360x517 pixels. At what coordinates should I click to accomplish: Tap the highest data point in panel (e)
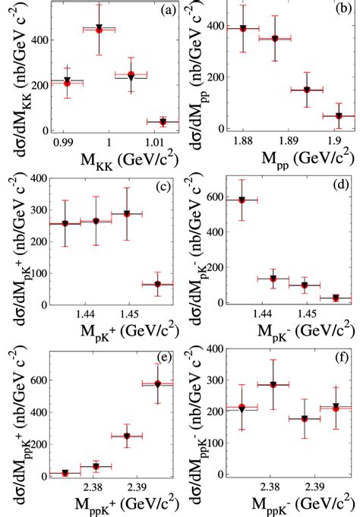tap(157, 384)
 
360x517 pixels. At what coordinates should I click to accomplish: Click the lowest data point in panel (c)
tap(157, 285)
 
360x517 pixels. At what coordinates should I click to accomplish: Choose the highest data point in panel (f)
tap(272, 384)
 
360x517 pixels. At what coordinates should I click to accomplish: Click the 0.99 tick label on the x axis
tap(64, 142)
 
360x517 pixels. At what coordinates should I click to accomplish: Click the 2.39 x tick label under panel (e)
tap(137, 486)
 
